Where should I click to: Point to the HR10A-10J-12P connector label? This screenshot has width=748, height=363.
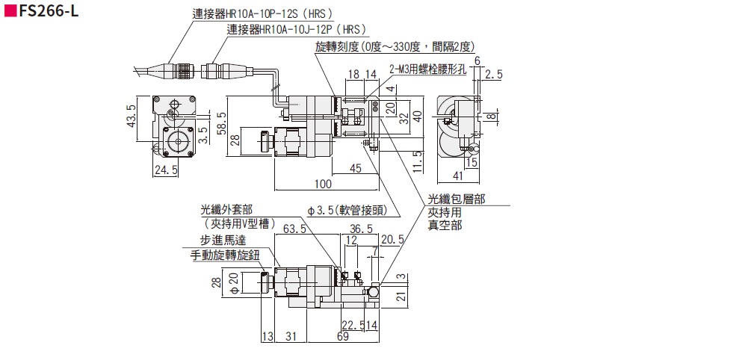click(297, 29)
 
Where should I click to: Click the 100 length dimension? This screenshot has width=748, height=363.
click(323, 184)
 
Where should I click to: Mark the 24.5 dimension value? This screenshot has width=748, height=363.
click(165, 171)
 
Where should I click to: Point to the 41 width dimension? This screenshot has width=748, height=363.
click(457, 177)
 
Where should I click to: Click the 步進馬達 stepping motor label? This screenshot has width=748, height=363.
click(223, 241)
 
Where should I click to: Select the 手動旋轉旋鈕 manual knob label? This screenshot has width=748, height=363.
click(224, 255)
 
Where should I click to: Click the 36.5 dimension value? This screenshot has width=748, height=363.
click(361, 229)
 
